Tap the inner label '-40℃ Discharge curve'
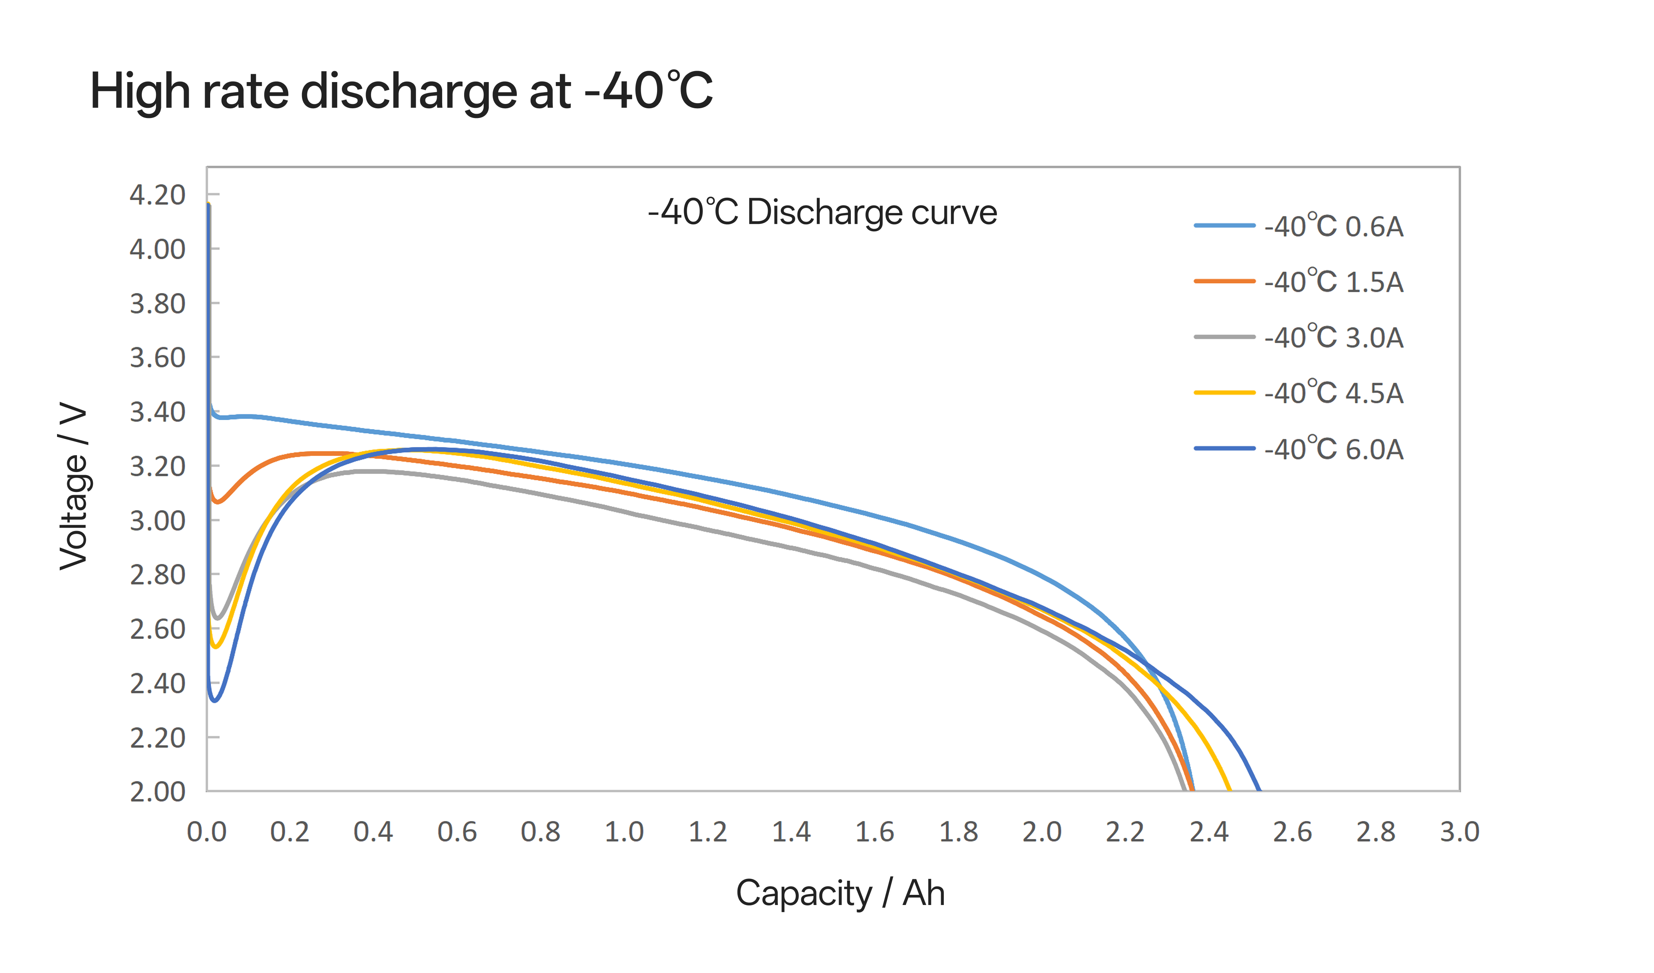[822, 212]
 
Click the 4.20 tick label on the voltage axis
[157, 195]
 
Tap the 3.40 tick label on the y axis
[157, 412]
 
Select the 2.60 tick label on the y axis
[157, 630]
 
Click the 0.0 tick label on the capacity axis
[207, 832]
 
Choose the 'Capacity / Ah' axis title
[840, 893]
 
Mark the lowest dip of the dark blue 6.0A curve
[214, 701]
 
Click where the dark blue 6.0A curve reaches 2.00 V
[1259, 790]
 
